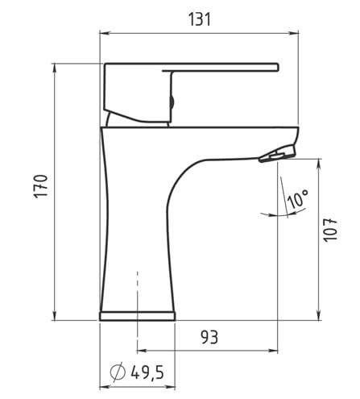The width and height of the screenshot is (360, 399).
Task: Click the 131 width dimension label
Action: [200, 19]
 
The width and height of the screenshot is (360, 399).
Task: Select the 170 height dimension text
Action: [40, 186]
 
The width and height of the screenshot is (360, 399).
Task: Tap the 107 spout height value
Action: [330, 231]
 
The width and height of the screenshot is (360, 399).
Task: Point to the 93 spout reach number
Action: [209, 338]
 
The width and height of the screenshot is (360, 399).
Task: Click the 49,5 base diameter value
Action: [147, 372]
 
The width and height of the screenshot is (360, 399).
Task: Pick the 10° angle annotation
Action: [297, 198]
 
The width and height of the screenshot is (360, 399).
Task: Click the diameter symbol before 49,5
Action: [118, 372]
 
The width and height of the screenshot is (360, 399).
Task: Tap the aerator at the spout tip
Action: [277, 155]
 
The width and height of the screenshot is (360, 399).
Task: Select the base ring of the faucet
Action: [137, 316]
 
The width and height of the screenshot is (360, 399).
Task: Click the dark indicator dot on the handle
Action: [172, 102]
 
